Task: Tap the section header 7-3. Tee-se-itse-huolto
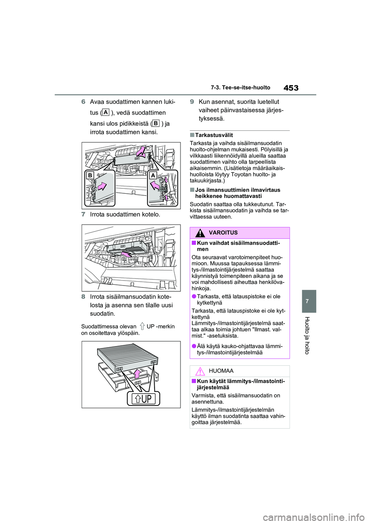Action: click(240, 88)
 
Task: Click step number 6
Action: click(83, 102)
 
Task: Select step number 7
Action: click(83, 214)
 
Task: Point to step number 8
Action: click(83, 297)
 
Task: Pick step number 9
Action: click(192, 102)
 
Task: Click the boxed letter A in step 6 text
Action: click(105, 112)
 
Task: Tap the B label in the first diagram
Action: click(90, 175)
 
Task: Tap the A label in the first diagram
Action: click(153, 175)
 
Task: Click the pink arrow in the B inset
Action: click(102, 187)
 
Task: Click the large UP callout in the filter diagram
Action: click(143, 399)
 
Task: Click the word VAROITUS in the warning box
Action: click(223, 233)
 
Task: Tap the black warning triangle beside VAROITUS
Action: click(200, 233)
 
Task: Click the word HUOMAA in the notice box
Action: click(221, 371)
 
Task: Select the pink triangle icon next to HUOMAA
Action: click(200, 371)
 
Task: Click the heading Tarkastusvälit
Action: click(214, 135)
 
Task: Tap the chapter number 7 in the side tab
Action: click(307, 301)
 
